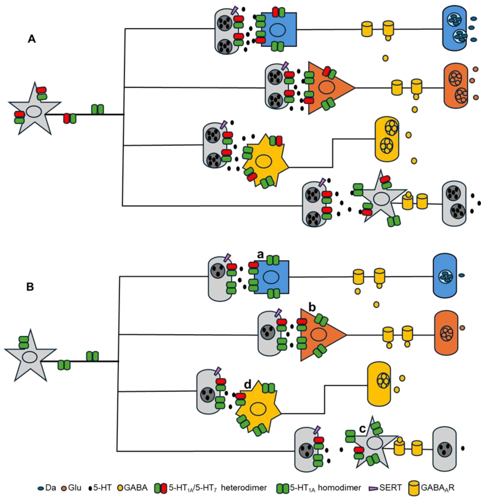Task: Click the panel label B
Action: (30, 287)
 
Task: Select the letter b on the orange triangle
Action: (312, 308)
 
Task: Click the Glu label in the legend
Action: (75, 488)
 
